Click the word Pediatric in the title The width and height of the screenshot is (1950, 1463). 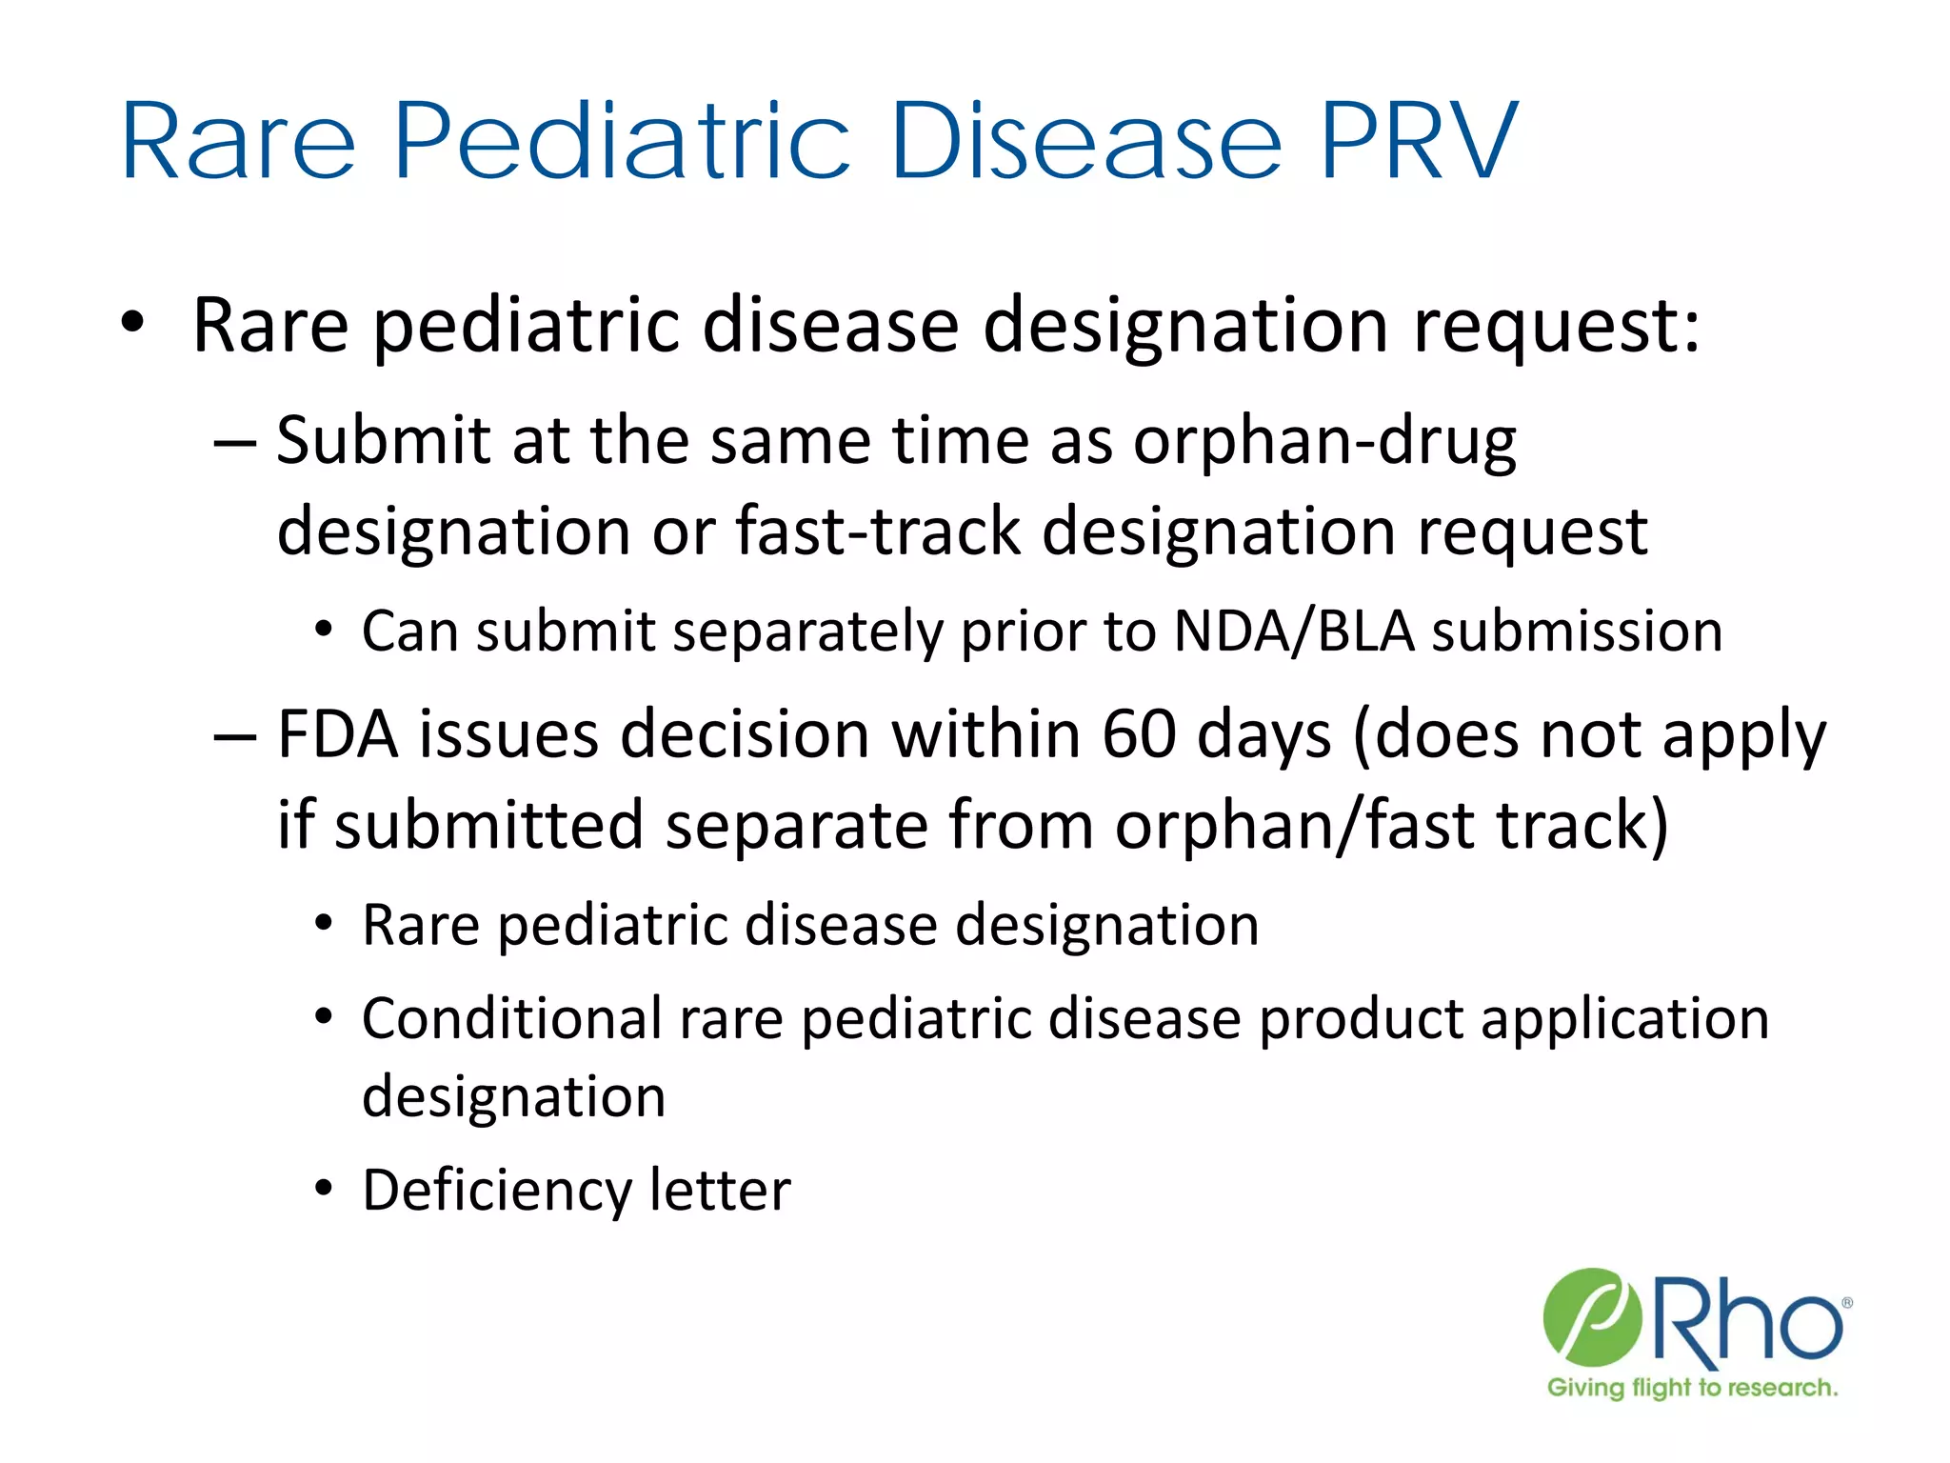621,143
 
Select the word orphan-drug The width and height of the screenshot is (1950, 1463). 1323,443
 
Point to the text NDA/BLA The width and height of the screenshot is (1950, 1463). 1294,631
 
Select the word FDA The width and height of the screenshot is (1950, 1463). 337,734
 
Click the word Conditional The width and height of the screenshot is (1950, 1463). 512,1018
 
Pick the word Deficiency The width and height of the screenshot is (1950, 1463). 496,1191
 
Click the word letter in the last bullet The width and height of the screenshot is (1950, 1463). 720,1191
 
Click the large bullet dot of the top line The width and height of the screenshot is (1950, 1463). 132,324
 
